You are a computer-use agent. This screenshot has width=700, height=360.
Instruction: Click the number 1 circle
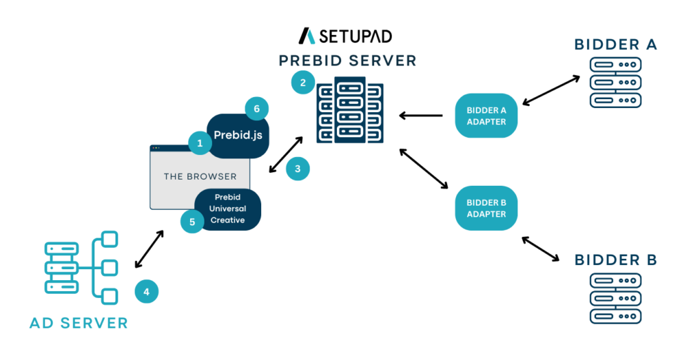click(x=200, y=143)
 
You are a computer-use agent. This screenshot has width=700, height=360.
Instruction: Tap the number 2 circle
click(x=303, y=83)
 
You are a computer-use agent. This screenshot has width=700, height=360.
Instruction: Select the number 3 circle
click(x=297, y=169)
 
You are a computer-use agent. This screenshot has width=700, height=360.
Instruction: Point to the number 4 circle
click(x=146, y=292)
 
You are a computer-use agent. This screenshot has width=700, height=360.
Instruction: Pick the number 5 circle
click(x=193, y=221)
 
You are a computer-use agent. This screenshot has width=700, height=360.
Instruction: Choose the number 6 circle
click(x=256, y=109)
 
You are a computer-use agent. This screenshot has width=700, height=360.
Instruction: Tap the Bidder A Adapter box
click(x=486, y=115)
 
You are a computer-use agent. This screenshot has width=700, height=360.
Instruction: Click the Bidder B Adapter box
click(x=486, y=208)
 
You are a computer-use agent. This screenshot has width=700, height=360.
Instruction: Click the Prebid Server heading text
click(x=347, y=61)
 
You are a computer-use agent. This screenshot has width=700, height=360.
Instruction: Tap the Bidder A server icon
click(x=615, y=83)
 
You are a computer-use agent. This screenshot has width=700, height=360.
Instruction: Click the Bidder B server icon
click(x=615, y=298)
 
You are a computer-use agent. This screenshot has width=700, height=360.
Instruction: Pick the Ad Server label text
click(x=79, y=322)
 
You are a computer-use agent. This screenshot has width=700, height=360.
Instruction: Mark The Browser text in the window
click(x=200, y=176)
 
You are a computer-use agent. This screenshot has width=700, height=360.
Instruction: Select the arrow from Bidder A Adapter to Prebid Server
click(x=421, y=115)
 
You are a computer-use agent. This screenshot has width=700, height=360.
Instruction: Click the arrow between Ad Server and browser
click(x=150, y=249)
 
